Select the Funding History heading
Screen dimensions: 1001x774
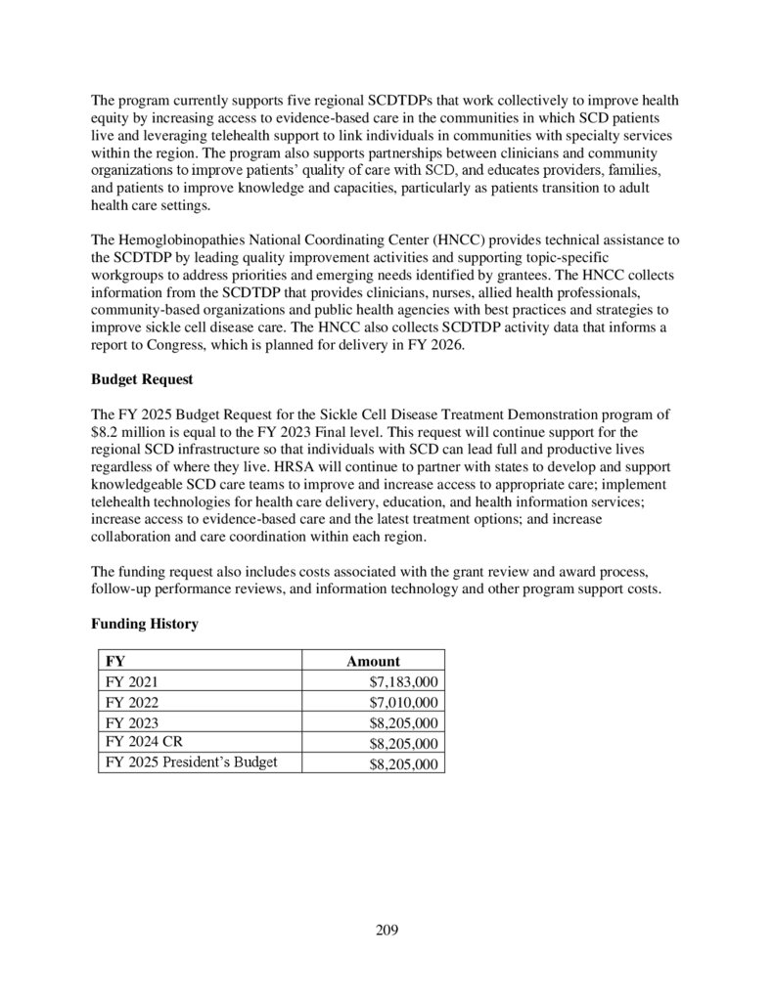pyautogui.click(x=145, y=624)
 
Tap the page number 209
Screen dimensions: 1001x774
pyautogui.click(x=387, y=930)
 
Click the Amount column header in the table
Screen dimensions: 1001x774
pyautogui.click(x=373, y=662)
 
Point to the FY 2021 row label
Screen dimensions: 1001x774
pyautogui.click(x=130, y=682)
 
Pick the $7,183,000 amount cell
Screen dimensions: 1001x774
pyautogui.click(x=403, y=682)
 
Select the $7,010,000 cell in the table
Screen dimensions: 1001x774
pyautogui.click(x=403, y=703)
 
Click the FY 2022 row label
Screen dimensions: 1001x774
pyautogui.click(x=130, y=703)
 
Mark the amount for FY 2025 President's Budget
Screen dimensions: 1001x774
pyautogui.click(x=403, y=764)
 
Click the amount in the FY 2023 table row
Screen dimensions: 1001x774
pyautogui.click(x=403, y=723)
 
